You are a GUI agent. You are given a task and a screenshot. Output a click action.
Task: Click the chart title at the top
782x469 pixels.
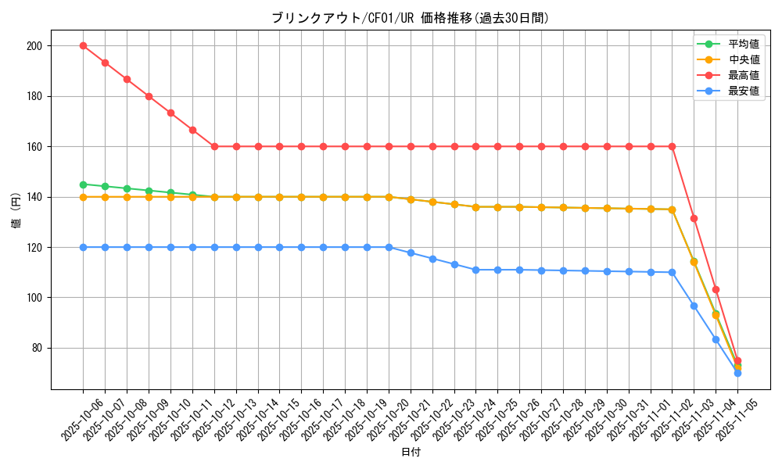coord(411,18)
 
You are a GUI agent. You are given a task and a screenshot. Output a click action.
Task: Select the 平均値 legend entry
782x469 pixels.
coord(744,45)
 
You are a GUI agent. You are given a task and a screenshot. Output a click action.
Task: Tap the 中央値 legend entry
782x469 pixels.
coord(744,59)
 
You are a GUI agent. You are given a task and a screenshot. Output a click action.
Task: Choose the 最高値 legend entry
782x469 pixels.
coord(744,75)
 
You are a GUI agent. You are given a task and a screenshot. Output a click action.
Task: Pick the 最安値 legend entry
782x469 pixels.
coord(744,91)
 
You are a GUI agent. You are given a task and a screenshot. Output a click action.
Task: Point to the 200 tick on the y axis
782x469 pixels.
coord(33,46)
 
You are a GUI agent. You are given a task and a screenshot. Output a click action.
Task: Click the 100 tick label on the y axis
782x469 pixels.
coord(33,298)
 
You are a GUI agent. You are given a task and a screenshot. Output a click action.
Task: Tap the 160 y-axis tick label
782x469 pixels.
coord(33,147)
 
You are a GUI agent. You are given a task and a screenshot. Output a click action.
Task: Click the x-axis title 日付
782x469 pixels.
coord(411,453)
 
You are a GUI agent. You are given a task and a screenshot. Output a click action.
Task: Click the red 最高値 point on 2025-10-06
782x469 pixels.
coord(83,46)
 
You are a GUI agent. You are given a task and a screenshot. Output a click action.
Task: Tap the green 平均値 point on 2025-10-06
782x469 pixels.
coord(83,184)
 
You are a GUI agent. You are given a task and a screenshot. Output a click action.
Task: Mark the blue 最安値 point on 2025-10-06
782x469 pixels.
coord(83,247)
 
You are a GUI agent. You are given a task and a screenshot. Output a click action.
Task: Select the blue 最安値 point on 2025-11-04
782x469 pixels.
coord(716,339)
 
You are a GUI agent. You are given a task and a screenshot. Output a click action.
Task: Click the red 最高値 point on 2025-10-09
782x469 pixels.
coord(149,96)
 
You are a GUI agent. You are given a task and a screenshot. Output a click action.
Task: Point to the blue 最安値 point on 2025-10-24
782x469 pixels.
coord(475,270)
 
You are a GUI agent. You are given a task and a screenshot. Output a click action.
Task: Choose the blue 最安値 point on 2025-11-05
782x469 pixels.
coord(737,373)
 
